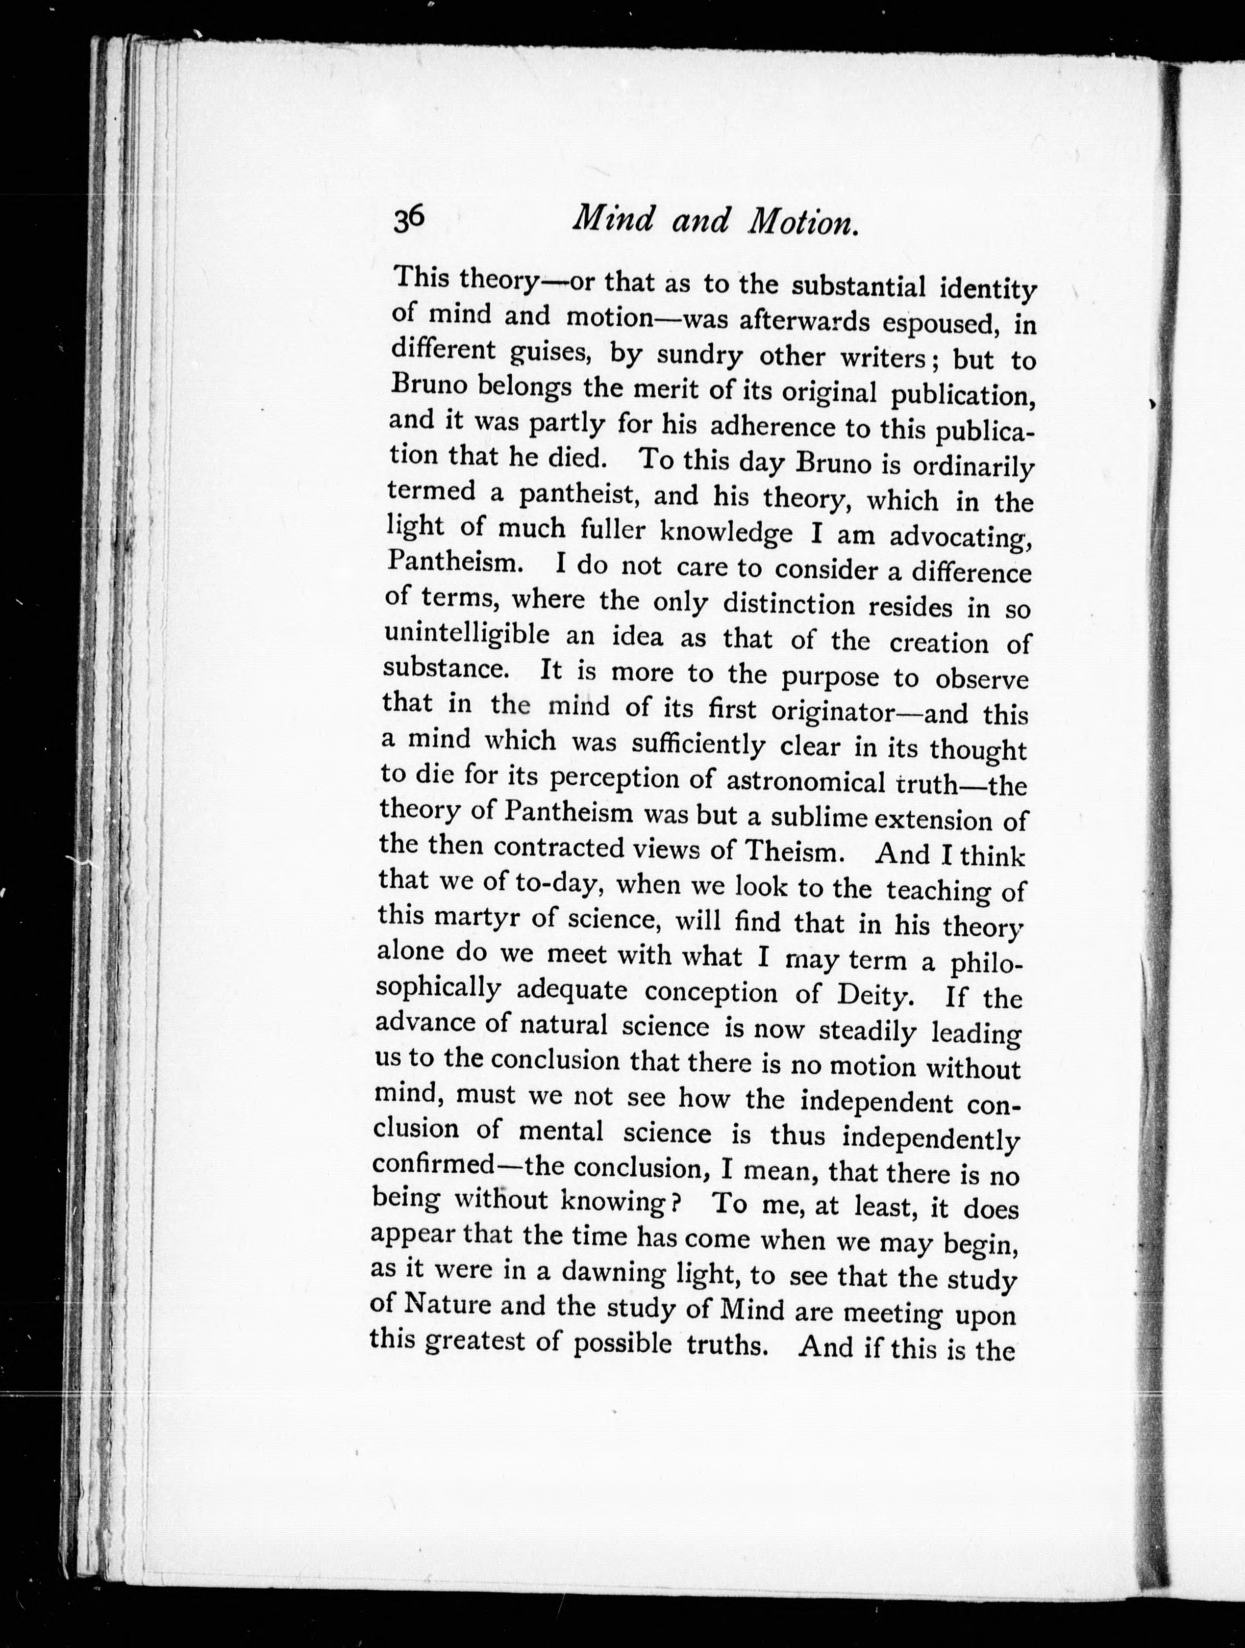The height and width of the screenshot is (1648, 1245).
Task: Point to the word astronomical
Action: tap(805, 781)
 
